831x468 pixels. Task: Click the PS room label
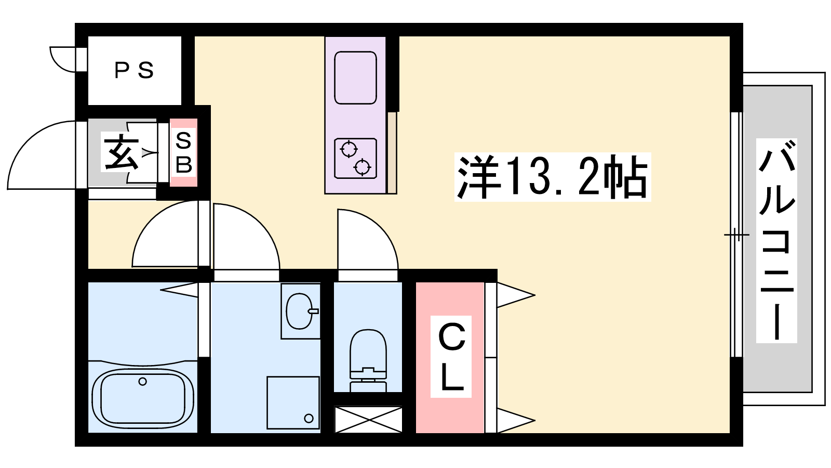tap(134, 71)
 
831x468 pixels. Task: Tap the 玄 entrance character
tap(121, 152)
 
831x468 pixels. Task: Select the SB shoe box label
tap(184, 152)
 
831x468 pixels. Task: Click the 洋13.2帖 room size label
tap(553, 177)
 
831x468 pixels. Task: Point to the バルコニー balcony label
tap(776, 240)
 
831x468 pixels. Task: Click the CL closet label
tap(451, 357)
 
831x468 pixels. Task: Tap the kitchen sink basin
tap(355, 77)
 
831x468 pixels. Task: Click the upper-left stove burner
tap(349, 150)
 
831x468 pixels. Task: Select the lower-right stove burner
tap(363, 167)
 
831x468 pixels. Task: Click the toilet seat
tap(368, 349)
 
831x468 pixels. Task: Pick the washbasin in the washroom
tap(299, 311)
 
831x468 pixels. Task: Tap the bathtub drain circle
tap(142, 382)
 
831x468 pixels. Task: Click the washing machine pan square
tap(293, 402)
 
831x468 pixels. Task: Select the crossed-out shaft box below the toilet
tap(368, 420)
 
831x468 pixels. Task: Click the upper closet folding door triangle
tap(516, 295)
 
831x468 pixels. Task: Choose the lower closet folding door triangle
tap(516, 421)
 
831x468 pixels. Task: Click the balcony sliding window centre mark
tap(737, 235)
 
